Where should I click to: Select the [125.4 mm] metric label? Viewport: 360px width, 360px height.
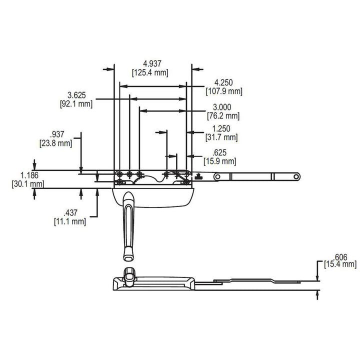pos(150,72)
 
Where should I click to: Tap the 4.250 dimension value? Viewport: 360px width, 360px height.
pos(223,82)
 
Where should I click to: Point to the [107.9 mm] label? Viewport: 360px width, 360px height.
pos(223,91)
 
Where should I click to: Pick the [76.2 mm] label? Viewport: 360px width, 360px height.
pos(223,116)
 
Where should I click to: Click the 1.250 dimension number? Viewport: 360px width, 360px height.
pos(221,128)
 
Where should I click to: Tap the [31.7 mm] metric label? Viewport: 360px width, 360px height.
pos(221,137)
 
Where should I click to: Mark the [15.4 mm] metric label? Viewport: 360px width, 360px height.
pos(340,263)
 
